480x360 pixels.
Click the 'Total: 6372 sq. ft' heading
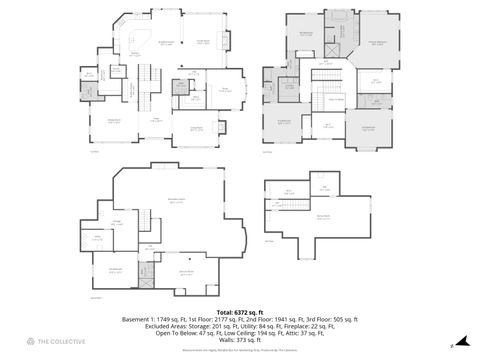pyautogui.click(x=240, y=311)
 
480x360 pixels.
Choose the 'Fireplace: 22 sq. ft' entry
pyautogui.click(x=285, y=325)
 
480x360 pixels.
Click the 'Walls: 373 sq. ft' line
pyautogui.click(x=240, y=339)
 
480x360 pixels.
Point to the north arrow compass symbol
pyautogui.click(x=451, y=345)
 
